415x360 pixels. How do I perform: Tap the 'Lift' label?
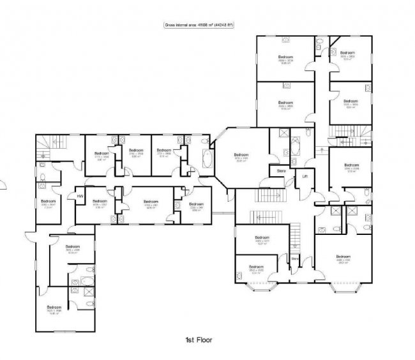pos(305,176)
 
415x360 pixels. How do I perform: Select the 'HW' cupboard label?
pos(80,196)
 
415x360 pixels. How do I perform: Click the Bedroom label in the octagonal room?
pos(241,154)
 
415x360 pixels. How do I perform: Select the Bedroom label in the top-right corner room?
pos(347,53)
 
